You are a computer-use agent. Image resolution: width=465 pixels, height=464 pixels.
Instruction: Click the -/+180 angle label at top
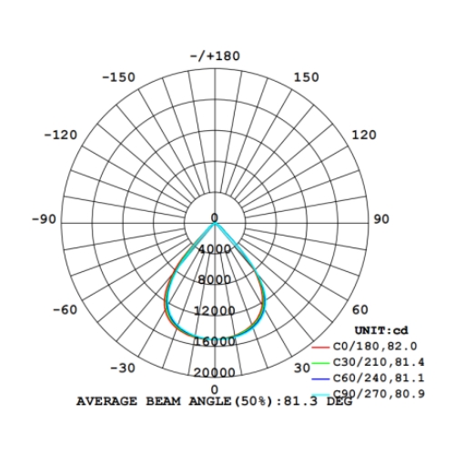(x=215, y=56)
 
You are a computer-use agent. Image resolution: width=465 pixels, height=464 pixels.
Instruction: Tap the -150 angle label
(x=118, y=77)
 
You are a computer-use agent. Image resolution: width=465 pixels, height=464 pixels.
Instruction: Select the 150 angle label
(x=307, y=77)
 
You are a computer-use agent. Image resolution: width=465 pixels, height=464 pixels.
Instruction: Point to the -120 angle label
(x=61, y=135)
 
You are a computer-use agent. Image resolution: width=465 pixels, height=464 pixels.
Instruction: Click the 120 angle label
(x=364, y=135)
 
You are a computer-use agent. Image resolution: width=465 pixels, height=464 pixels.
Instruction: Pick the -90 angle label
(x=45, y=219)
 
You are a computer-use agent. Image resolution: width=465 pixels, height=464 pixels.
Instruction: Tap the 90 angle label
(x=381, y=219)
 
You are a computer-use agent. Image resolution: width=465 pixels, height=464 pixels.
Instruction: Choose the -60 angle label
(x=66, y=309)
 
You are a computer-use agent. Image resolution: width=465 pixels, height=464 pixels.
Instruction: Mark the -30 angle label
(x=123, y=368)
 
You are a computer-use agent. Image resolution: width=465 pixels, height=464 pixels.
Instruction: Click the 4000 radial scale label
(x=215, y=249)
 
